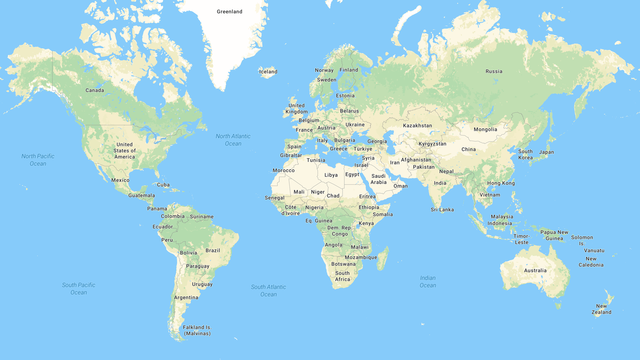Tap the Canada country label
94,90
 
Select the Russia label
493,71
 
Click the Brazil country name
212,250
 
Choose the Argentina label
185,297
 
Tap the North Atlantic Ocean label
233,140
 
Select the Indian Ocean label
427,281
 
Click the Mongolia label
485,129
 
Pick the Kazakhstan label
417,125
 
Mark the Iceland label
267,71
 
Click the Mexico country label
121,180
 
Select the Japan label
547,152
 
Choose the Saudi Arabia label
378,179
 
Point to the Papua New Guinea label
552,235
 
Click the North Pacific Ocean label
38,159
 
